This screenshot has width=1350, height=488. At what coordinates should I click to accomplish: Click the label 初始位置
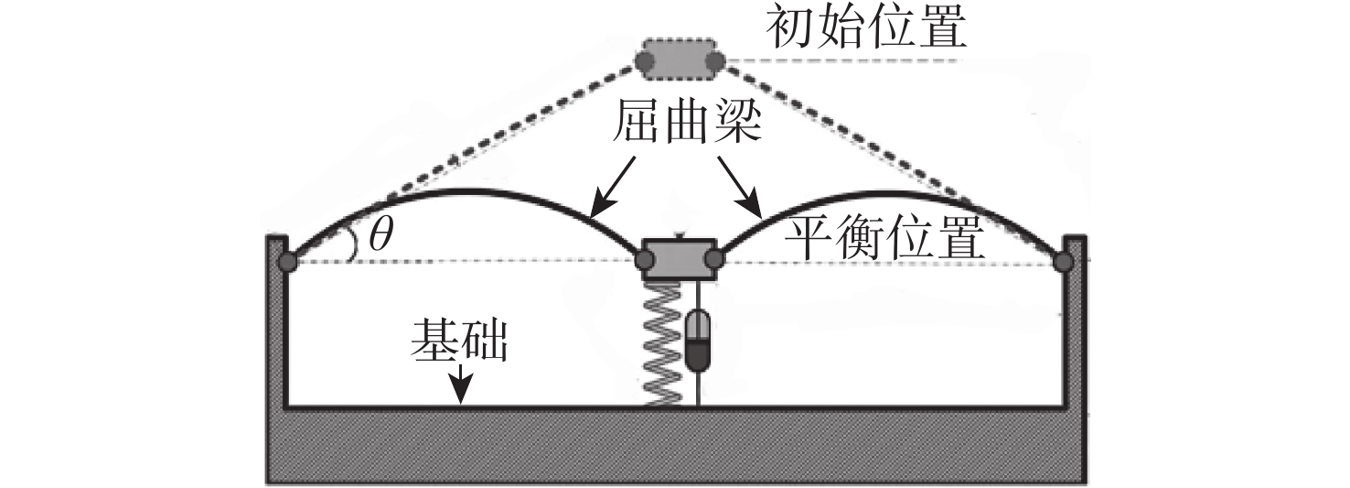pyautogui.click(x=866, y=28)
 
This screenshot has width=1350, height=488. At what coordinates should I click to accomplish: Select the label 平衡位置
pyautogui.click(x=884, y=238)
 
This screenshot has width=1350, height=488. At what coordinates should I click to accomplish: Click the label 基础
pyautogui.click(x=458, y=341)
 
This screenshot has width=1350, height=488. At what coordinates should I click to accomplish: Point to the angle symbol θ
pyautogui.click(x=380, y=234)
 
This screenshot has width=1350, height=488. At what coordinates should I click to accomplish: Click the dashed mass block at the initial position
pyautogui.click(x=680, y=60)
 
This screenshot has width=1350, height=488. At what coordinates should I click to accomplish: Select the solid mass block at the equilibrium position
pyautogui.click(x=680, y=259)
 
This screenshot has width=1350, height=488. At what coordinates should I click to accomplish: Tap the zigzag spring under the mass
pyautogui.click(x=662, y=344)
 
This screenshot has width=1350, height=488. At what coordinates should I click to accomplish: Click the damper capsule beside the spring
pyautogui.click(x=699, y=339)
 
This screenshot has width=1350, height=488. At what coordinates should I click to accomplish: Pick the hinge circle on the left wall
pyautogui.click(x=287, y=263)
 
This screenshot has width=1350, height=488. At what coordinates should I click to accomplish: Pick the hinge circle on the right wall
pyautogui.click(x=1064, y=262)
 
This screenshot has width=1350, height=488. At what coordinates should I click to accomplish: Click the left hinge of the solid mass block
pyautogui.click(x=644, y=260)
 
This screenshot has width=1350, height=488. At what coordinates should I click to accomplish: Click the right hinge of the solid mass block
pyautogui.click(x=714, y=260)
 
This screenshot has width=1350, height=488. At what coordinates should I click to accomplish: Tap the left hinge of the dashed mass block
pyautogui.click(x=644, y=60)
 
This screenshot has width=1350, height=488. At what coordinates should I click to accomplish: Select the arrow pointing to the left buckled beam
pyautogui.click(x=613, y=187)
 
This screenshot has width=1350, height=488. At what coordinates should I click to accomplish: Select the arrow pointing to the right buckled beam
pyautogui.click(x=740, y=187)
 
